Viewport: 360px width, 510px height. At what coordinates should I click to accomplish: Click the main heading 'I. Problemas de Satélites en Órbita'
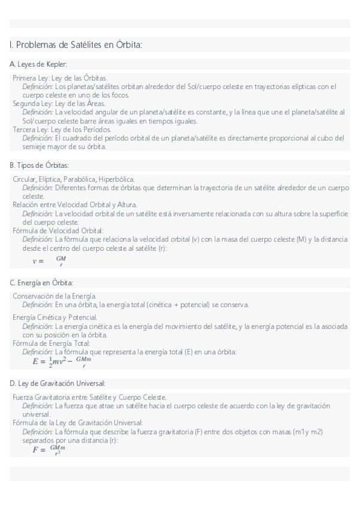[76, 45]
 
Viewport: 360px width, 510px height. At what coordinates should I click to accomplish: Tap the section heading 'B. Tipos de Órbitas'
[40, 165]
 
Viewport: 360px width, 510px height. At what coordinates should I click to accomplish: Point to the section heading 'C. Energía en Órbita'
[41, 282]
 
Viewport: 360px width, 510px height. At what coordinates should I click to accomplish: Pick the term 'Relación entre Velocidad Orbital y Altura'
[75, 204]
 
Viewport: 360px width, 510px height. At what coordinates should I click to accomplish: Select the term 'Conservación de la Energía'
[55, 296]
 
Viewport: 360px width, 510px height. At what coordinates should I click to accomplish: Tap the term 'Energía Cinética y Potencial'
[55, 317]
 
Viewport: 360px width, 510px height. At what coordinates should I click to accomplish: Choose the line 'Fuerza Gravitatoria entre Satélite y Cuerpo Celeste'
[90, 397]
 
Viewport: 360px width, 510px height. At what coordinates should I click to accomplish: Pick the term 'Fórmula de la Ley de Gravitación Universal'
[78, 423]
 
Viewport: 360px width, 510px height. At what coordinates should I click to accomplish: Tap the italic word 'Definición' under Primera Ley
[37, 87]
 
